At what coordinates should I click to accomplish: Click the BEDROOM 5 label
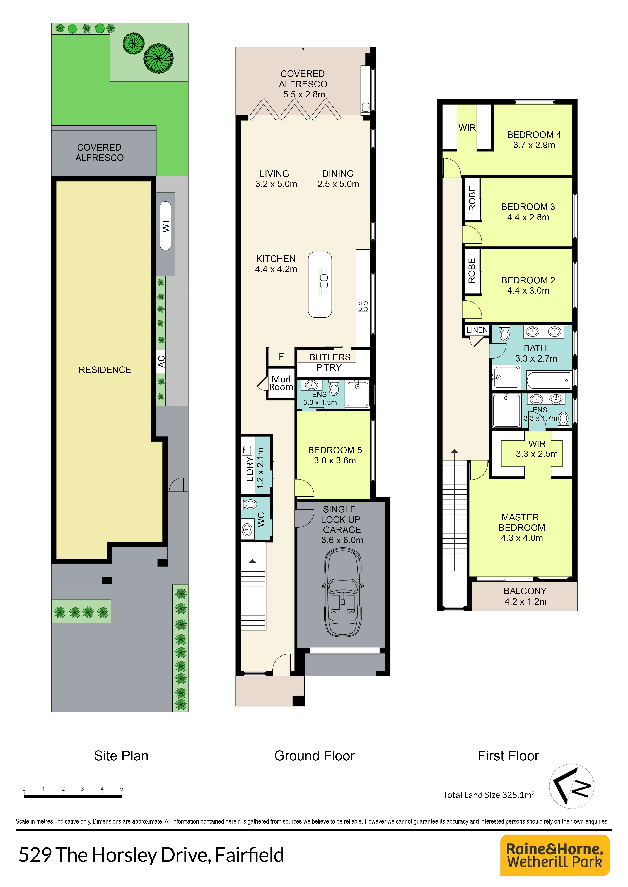tap(335, 455)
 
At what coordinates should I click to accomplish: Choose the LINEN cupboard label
tap(477, 330)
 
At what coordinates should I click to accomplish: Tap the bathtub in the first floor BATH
tap(549, 380)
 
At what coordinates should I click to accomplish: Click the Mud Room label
tap(281, 383)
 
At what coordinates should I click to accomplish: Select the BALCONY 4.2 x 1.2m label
tap(525, 596)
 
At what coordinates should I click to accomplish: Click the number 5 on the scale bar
tap(121, 788)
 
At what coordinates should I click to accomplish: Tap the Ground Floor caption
tap(314, 756)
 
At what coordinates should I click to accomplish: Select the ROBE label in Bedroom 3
tap(472, 199)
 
